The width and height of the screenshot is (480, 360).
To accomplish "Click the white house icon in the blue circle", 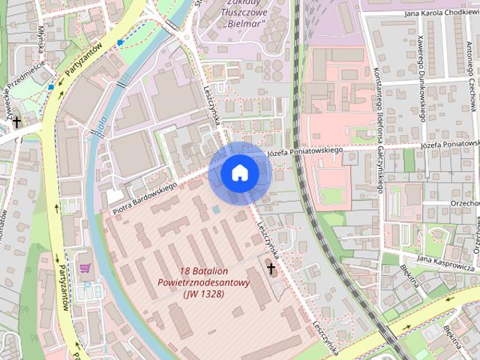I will [239, 172].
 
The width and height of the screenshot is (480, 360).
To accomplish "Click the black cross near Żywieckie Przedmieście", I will [16, 121].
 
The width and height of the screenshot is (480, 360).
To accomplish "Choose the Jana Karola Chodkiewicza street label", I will [441, 13].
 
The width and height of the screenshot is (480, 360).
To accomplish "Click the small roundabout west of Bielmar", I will [185, 35].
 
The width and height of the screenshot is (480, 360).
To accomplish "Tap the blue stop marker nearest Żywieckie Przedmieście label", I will [50, 87].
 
